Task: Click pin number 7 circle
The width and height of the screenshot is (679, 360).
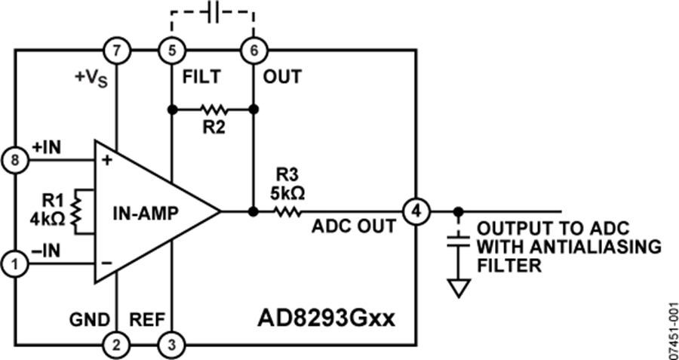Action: click(115, 51)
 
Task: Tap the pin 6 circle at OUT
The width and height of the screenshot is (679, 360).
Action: click(252, 51)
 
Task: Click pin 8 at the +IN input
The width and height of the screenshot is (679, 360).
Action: click(16, 161)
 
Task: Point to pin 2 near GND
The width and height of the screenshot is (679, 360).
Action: click(115, 345)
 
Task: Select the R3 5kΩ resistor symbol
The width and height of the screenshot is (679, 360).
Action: click(286, 211)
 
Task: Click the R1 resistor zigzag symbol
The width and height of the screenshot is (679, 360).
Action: click(75, 212)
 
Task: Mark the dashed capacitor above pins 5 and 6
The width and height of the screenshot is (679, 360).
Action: click(212, 13)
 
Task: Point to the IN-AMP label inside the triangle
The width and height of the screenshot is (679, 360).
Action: click(146, 212)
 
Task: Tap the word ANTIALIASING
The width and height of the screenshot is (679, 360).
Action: click(589, 246)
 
